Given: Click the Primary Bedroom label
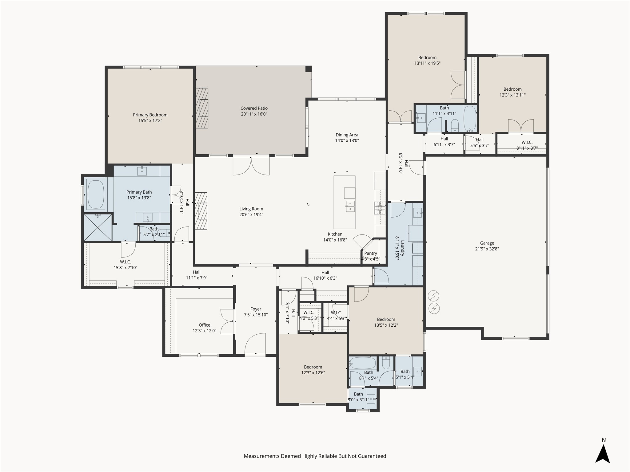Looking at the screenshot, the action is click(150, 115).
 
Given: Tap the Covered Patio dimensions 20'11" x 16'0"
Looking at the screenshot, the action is click(254, 114).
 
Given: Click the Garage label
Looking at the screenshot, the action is click(487, 243).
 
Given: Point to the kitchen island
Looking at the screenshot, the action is click(345, 202).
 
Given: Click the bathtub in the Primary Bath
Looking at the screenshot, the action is click(96, 195).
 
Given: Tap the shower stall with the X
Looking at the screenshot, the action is click(98, 227).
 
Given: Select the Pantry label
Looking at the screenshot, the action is click(371, 253).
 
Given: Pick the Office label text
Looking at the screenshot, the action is click(205, 325).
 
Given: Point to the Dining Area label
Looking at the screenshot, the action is click(347, 135).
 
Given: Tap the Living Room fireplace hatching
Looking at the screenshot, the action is click(201, 211).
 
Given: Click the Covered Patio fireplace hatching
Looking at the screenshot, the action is click(202, 108).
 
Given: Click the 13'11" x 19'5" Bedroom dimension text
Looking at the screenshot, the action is click(427, 63).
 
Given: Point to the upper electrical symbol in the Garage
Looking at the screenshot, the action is click(433, 296).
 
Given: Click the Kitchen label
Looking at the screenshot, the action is click(335, 234).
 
